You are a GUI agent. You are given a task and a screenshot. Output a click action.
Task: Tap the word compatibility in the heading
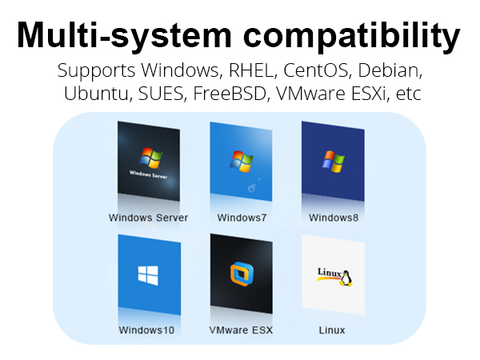coord(352,36)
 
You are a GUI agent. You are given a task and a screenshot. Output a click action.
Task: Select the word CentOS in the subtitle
coord(316,70)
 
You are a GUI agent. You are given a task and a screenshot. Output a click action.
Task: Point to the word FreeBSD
coord(230,94)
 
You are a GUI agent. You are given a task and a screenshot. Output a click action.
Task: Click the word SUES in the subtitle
coord(161,94)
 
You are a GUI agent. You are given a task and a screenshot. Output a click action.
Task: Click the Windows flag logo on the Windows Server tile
coord(150,158)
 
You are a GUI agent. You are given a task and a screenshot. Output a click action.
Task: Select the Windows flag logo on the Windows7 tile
coord(242,161)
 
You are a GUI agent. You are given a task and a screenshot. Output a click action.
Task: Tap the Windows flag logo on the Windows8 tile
coord(334,162)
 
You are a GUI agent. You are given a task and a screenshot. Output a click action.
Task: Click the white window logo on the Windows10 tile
coord(148,275)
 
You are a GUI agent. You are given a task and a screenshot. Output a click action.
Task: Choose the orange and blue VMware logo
coord(242,274)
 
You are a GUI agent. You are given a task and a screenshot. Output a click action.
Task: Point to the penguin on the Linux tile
coord(346,278)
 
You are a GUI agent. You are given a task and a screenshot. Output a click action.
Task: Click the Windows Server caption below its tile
coord(148,218)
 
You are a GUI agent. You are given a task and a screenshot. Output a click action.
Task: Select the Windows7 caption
coord(242,218)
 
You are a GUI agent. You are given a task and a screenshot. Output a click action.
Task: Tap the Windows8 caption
coord(334,218)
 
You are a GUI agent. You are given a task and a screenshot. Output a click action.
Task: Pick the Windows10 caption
coord(146,330)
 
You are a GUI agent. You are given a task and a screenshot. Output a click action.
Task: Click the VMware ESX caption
coord(241,330)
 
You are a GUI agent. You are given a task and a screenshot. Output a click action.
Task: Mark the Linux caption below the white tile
coord(332,330)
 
